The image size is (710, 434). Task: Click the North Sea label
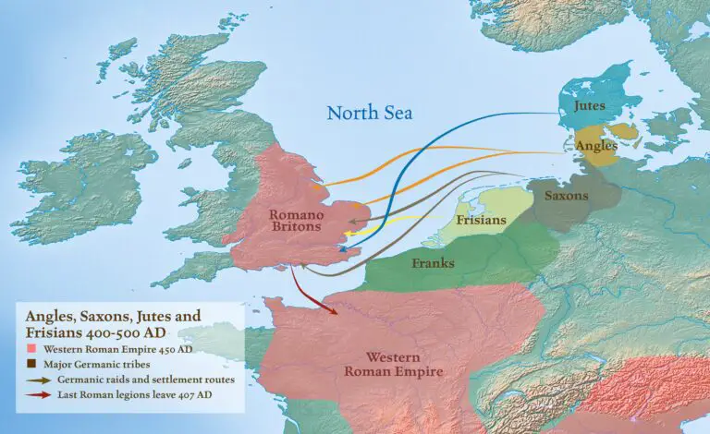(370, 114)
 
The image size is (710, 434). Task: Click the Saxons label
(566, 196)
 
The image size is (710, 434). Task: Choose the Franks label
(433, 263)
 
